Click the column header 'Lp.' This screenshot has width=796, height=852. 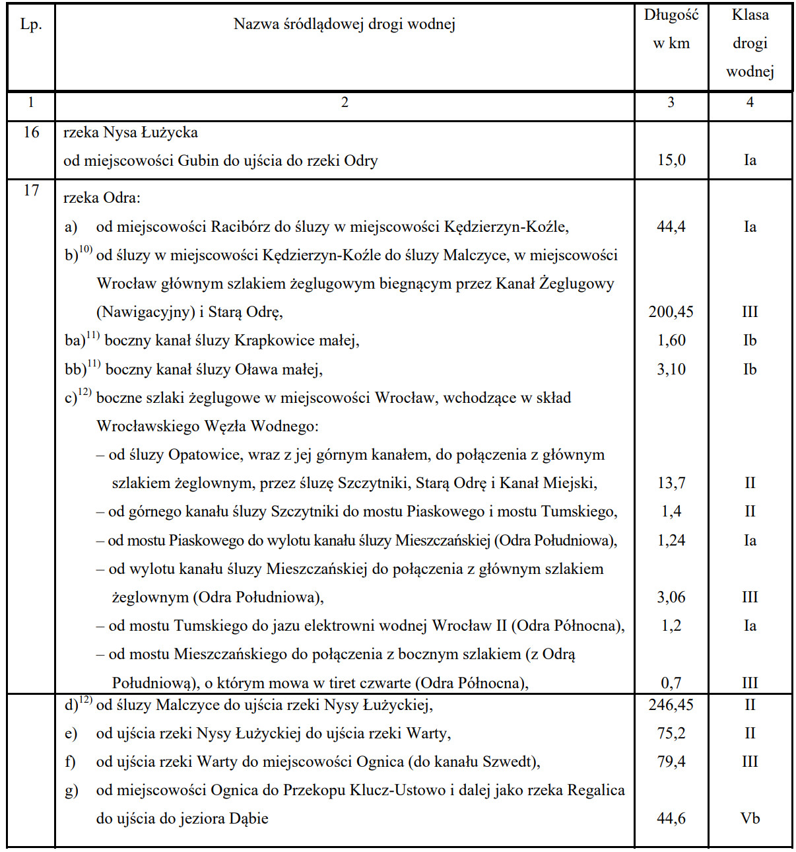click(x=31, y=25)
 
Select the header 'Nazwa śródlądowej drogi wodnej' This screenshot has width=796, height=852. click(x=344, y=25)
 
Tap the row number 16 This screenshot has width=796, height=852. click(x=31, y=132)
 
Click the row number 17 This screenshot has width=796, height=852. click(x=31, y=190)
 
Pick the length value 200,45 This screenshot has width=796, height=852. click(x=671, y=312)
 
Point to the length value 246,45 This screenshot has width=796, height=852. click(x=671, y=705)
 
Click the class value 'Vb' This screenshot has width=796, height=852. click(x=750, y=818)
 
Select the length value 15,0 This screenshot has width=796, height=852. click(x=671, y=160)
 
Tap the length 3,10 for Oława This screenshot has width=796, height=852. click(x=671, y=369)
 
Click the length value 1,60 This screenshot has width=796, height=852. click(x=671, y=341)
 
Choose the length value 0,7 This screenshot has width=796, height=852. click(x=671, y=683)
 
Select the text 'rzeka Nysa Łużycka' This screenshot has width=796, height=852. click(x=131, y=132)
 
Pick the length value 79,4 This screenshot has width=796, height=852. click(x=671, y=762)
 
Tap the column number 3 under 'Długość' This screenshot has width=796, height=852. click(x=671, y=102)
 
